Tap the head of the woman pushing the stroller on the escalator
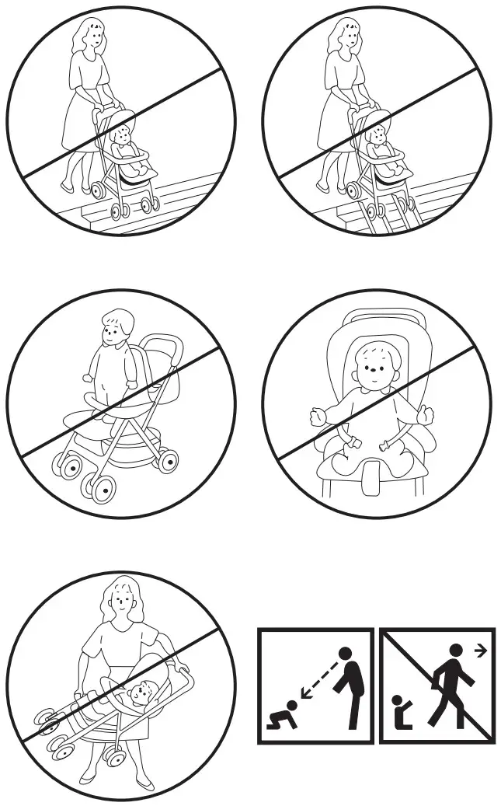343,36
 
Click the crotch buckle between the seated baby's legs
372,476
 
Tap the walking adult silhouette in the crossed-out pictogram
451,689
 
